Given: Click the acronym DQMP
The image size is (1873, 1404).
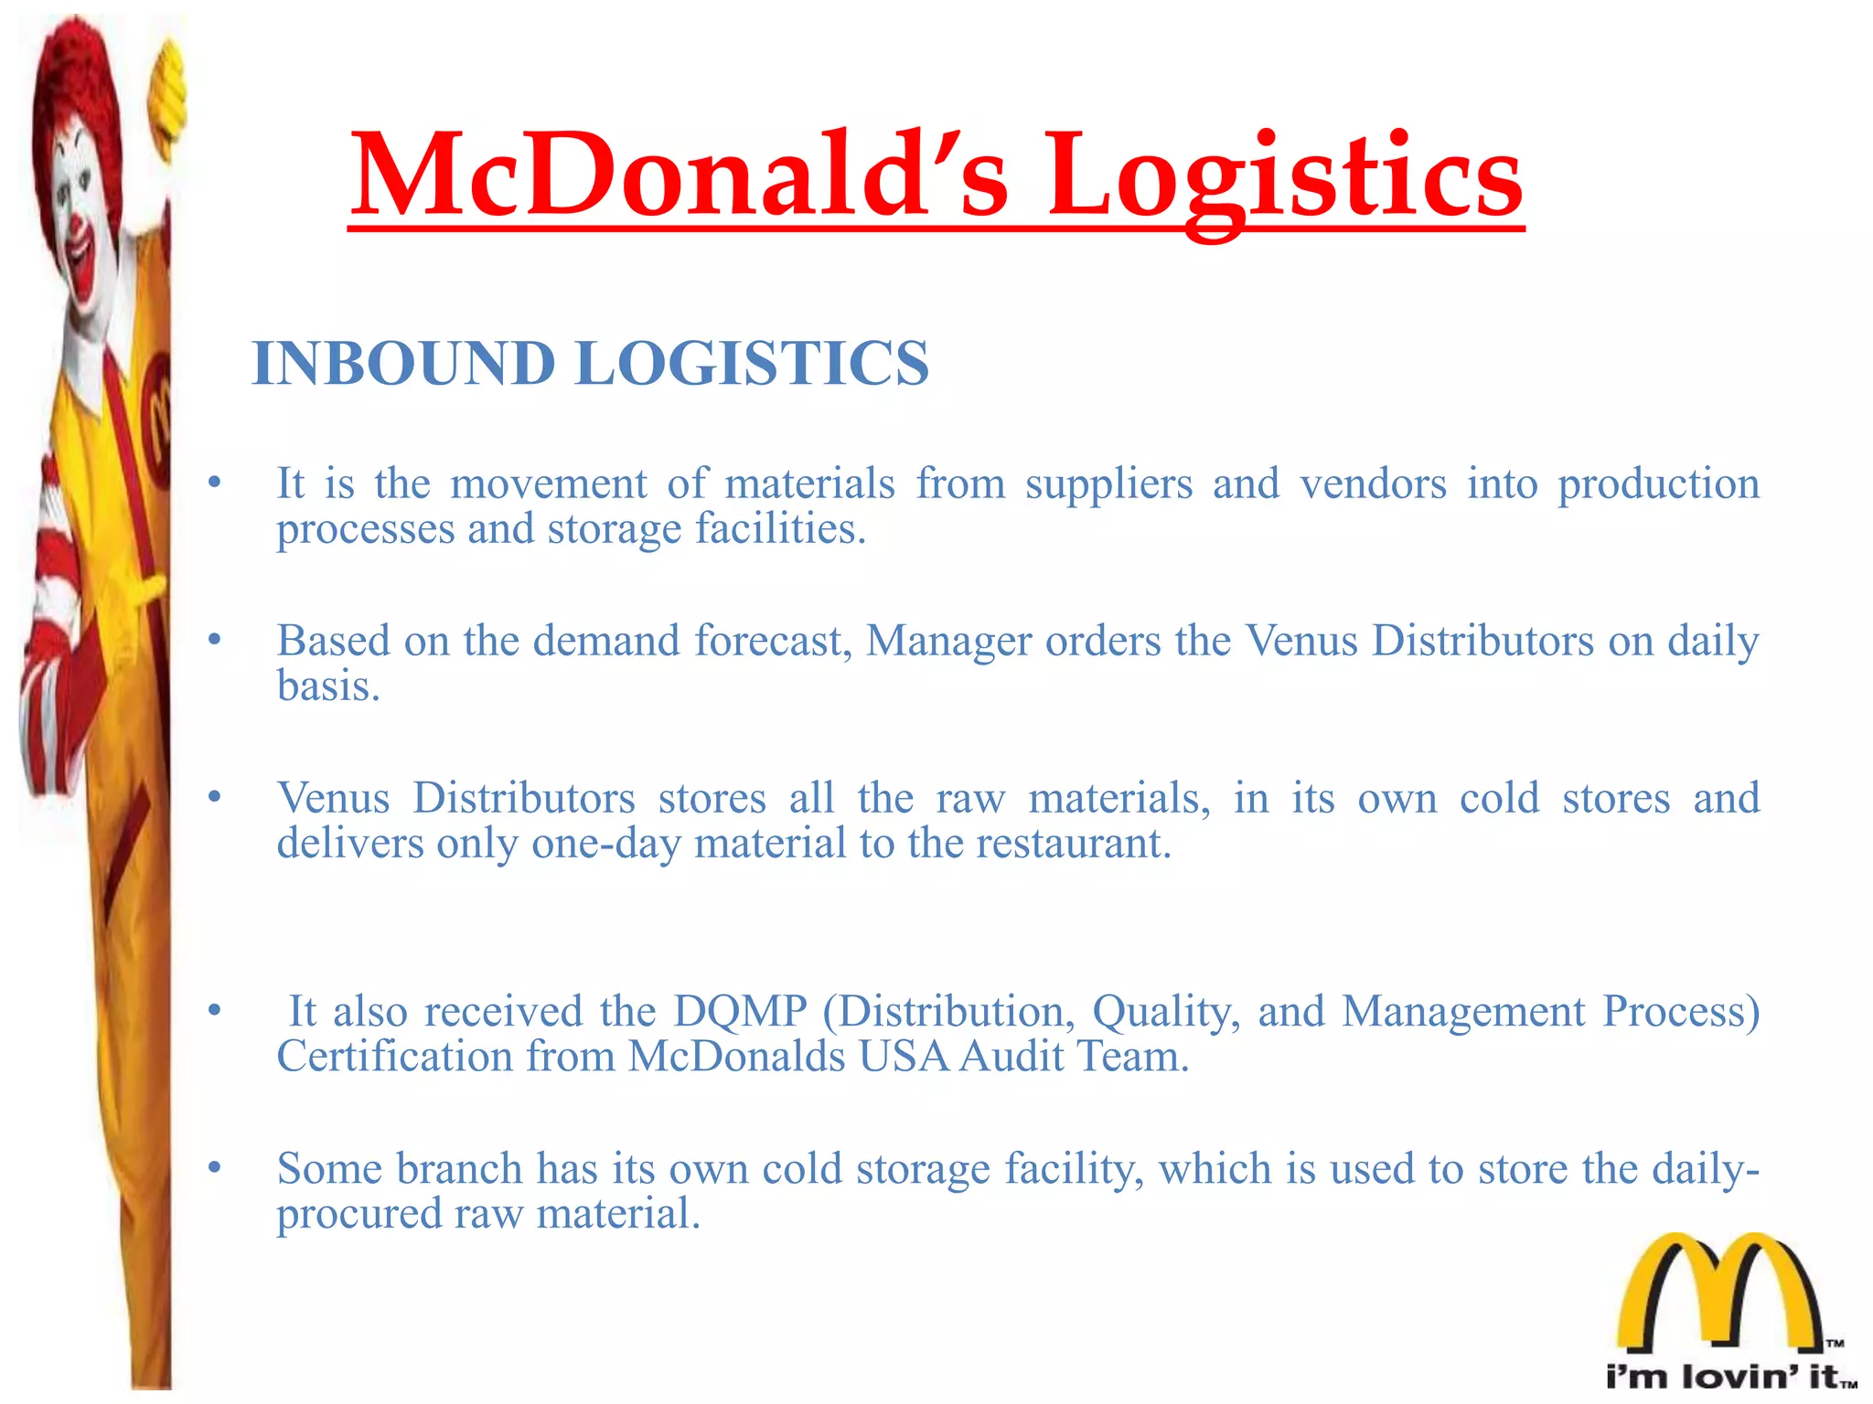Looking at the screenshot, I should pos(740,1011).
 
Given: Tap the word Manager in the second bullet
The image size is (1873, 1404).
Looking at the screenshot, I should pos(948,641).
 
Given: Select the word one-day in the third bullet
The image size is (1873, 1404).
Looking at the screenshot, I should pos(605,843).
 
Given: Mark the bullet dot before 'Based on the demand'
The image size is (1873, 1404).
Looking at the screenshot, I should pos(214,640).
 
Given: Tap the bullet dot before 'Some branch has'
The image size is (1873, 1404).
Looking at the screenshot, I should pos(214,1167).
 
